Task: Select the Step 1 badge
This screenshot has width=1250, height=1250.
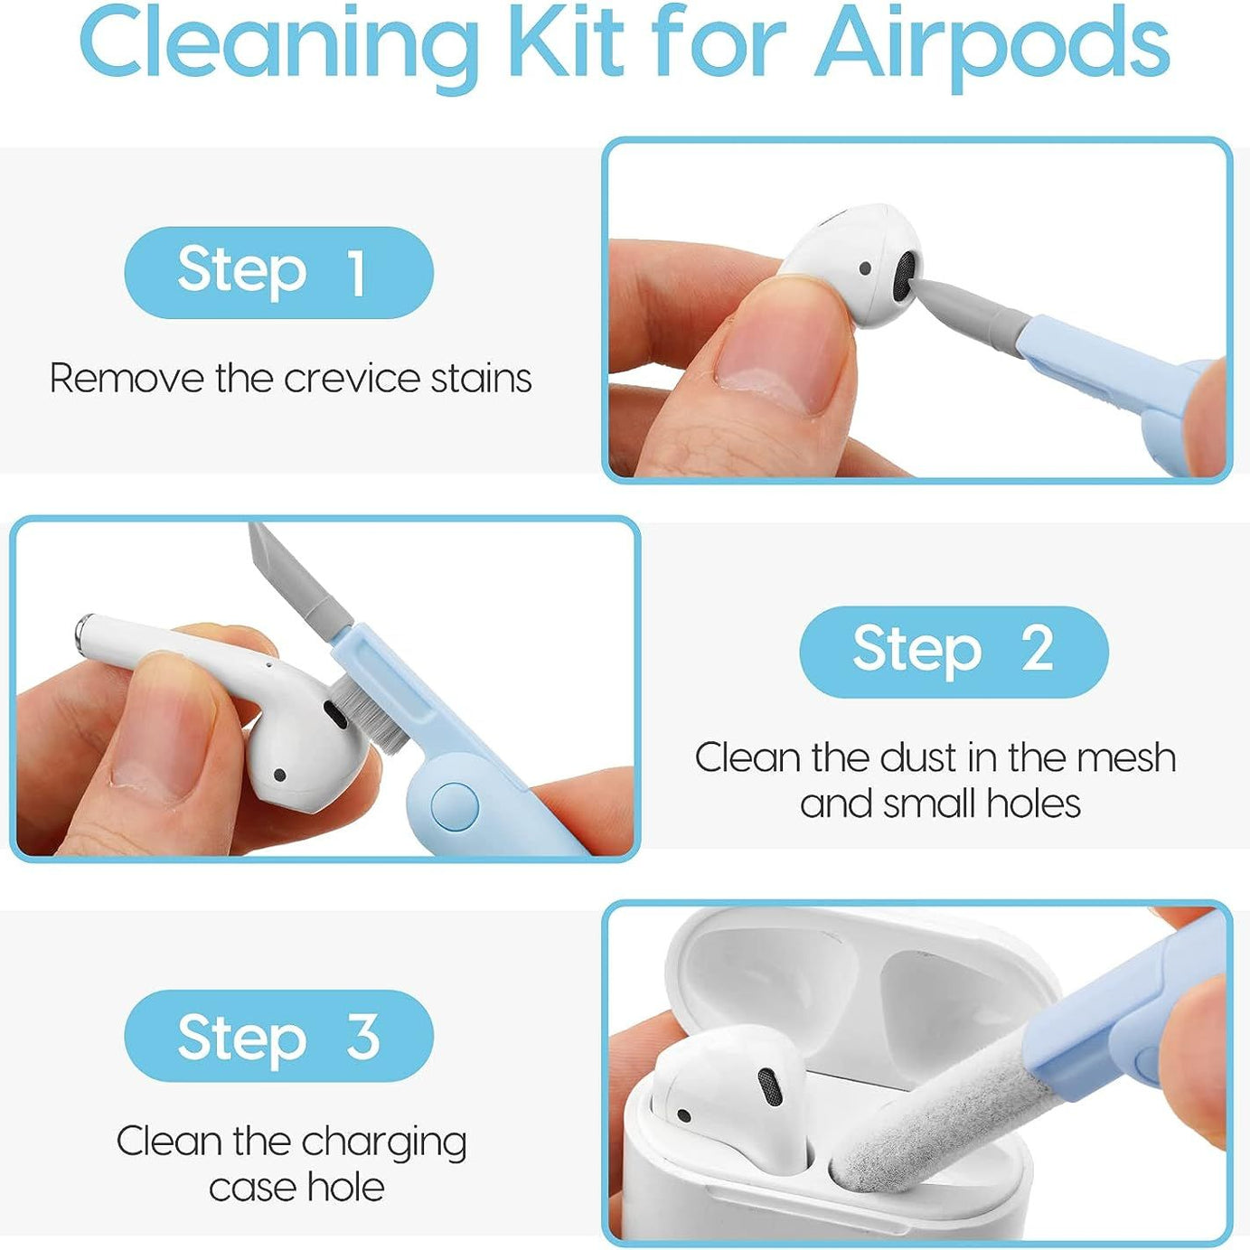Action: point(278,272)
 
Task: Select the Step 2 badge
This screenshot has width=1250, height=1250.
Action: point(954,651)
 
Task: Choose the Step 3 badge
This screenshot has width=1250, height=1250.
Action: point(278,1036)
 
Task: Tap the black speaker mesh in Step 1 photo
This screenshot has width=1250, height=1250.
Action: point(905,276)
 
